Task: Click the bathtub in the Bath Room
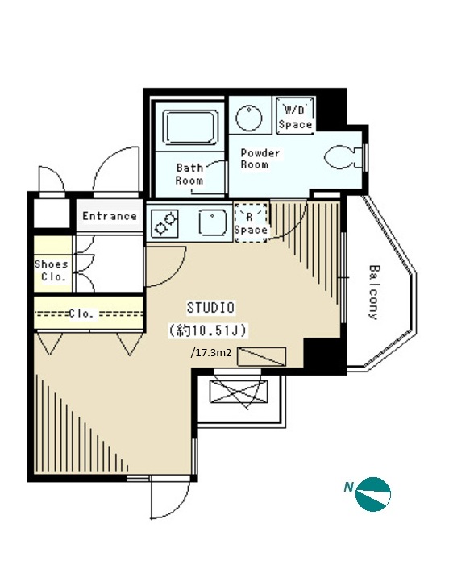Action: (190, 127)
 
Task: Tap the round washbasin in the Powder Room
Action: (248, 118)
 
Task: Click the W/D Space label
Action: (295, 117)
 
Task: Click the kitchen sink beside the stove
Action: (212, 222)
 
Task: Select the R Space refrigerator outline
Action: (251, 222)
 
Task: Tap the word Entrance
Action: (110, 216)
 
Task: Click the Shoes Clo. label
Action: (51, 270)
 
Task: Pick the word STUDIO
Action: (210, 307)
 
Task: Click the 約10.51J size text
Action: (208, 330)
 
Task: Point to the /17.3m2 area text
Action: (211, 352)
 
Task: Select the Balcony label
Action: (374, 292)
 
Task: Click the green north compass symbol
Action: (373, 494)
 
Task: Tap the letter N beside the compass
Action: (348, 487)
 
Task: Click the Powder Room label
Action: (260, 159)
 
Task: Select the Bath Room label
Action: (189, 174)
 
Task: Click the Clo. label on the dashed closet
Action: (81, 314)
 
